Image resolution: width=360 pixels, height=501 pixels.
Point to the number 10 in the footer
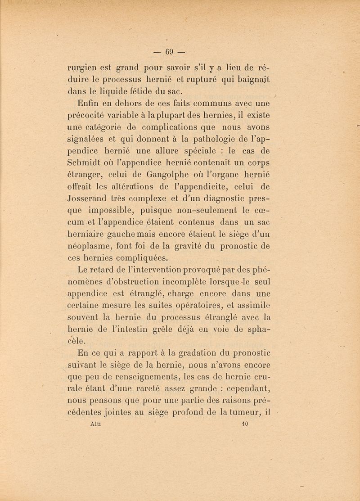[246, 424]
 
